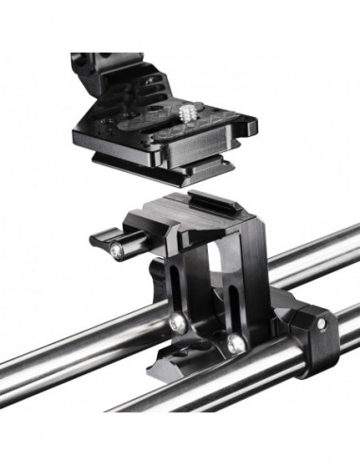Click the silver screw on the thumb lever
pos(114,251)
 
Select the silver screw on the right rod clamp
pos(321,323)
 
